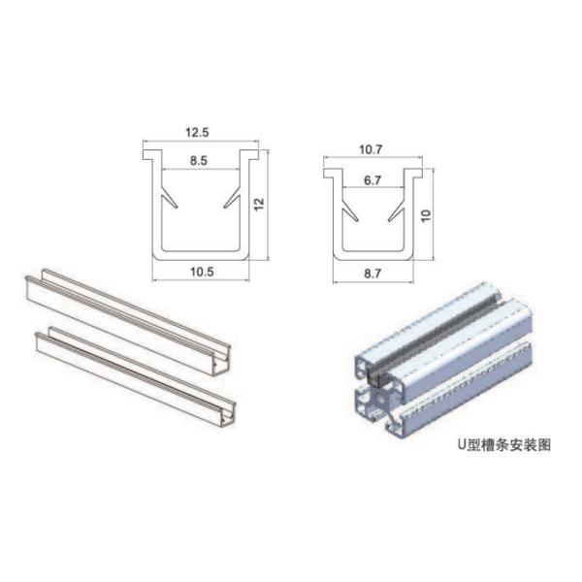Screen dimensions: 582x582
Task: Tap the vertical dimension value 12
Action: [259, 204]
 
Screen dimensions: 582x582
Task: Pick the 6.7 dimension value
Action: [372, 179]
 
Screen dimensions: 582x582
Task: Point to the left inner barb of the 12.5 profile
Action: [172, 200]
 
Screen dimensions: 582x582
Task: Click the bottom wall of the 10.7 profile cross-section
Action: [372, 259]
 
